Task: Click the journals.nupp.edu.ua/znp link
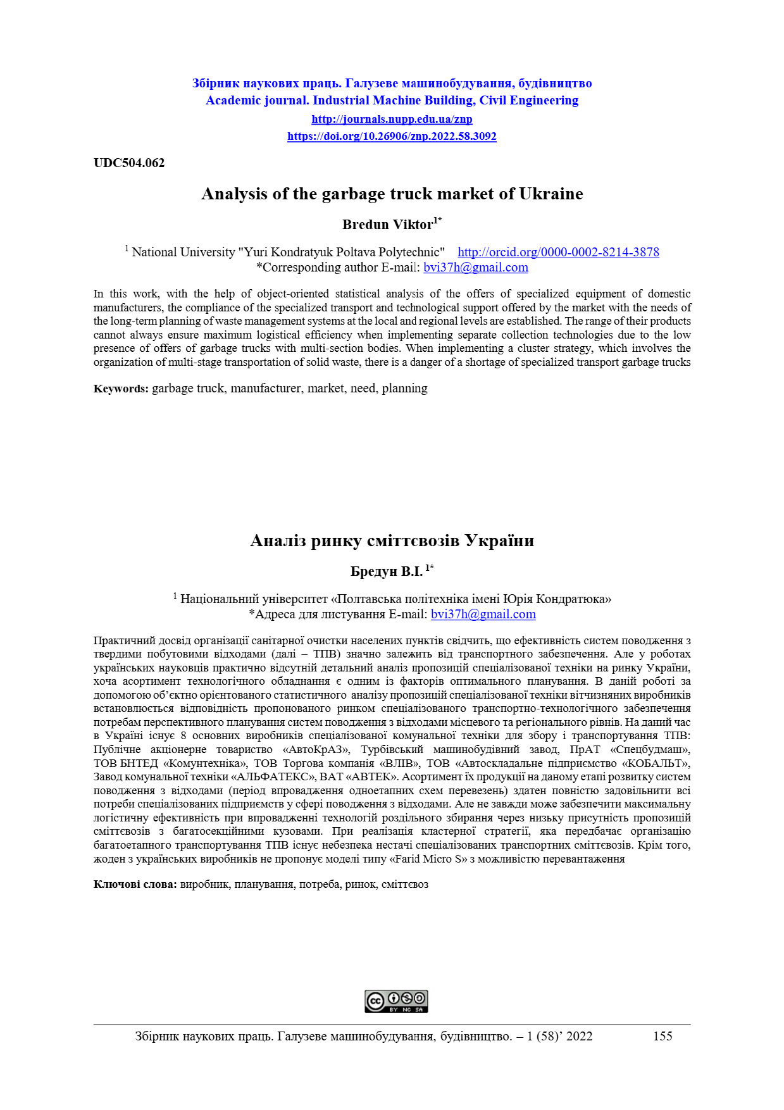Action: coord(392,119)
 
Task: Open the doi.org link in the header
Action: coord(392,136)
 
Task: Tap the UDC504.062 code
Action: coord(129,163)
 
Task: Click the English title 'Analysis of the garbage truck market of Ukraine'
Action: coord(392,194)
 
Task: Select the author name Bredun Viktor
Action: coord(388,225)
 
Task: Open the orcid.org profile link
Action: coord(558,252)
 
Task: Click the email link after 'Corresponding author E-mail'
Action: coord(476,267)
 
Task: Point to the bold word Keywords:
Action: coord(121,389)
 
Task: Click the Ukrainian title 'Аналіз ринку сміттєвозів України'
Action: coord(392,540)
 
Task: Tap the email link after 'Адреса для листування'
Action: coord(483,614)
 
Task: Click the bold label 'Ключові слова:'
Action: coord(135,884)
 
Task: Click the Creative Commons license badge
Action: coord(396,1001)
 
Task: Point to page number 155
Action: coord(663,1036)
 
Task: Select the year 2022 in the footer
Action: coord(579,1036)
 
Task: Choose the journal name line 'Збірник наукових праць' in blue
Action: coord(392,83)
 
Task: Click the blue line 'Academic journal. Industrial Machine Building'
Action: coord(392,100)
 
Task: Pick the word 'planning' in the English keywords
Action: coord(404,389)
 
